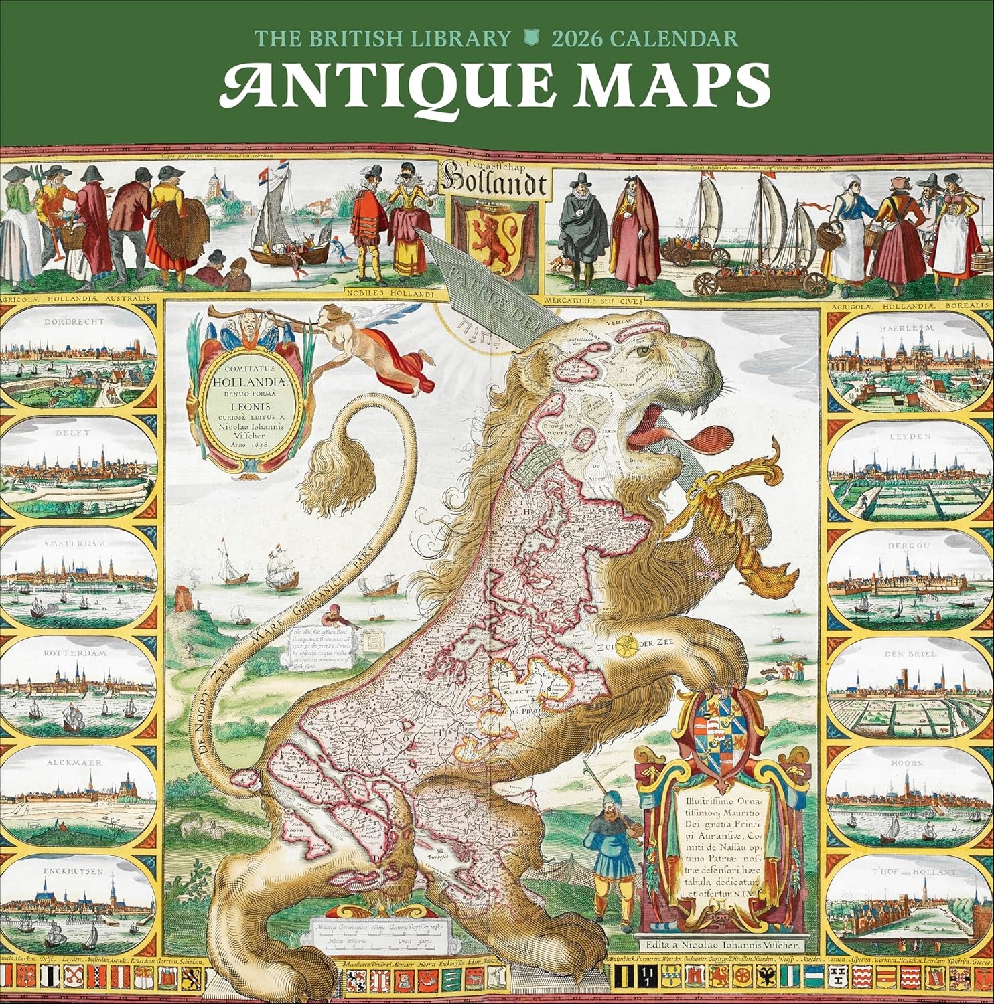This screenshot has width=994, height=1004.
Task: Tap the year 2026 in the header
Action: coord(577,38)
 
